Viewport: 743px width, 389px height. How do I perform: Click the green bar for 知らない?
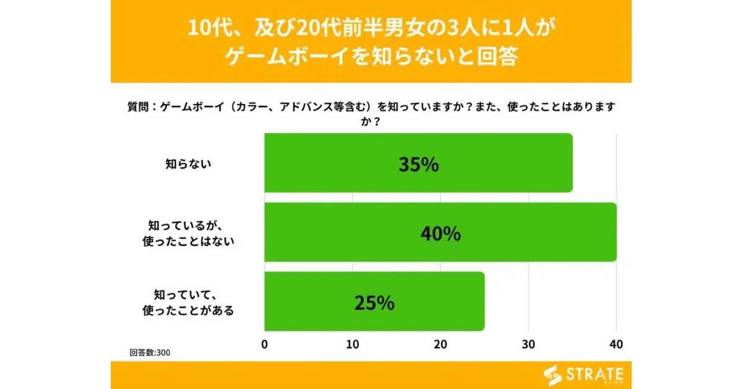click(x=418, y=163)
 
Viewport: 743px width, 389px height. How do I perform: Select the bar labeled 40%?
click(x=440, y=232)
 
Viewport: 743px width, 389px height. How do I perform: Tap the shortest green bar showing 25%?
click(x=374, y=301)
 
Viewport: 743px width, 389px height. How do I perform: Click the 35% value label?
click(x=419, y=165)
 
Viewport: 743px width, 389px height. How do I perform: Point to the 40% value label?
click(x=440, y=234)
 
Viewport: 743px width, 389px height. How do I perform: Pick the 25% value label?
click(x=374, y=303)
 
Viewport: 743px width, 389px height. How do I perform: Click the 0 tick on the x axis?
click(x=265, y=344)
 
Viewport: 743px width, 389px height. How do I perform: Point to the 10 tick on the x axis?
click(x=352, y=344)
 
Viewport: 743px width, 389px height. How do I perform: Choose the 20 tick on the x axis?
click(x=440, y=344)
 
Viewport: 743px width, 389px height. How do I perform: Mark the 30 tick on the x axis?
click(x=528, y=344)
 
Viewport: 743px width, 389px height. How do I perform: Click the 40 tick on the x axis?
click(x=615, y=344)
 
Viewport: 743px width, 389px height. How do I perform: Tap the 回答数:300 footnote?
click(x=150, y=352)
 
